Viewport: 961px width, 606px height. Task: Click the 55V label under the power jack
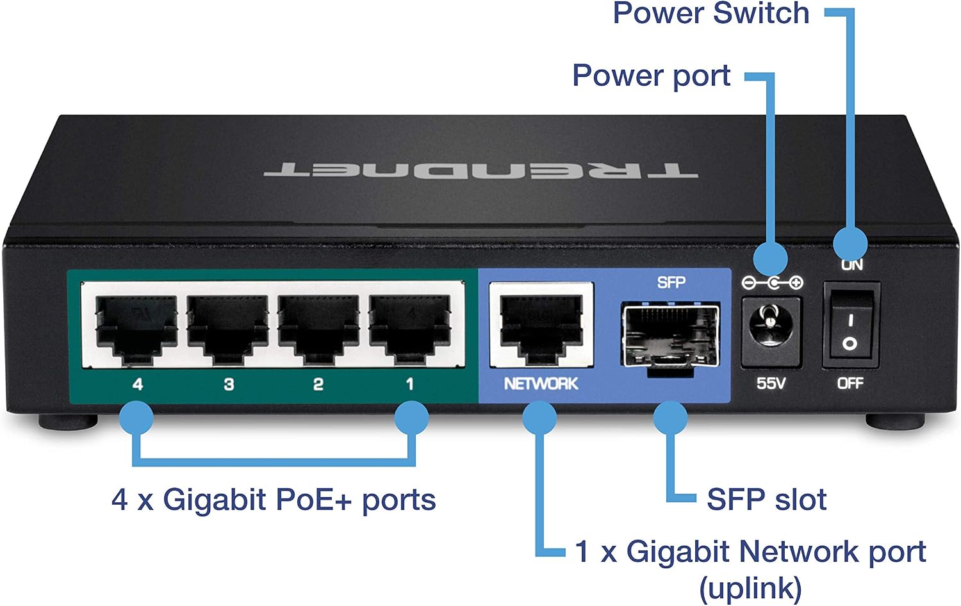771,383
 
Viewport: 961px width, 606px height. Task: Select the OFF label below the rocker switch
850,383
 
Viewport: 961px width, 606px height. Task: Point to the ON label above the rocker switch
852,265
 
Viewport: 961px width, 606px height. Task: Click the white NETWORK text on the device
541,384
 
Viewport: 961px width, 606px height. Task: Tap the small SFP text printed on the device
671,283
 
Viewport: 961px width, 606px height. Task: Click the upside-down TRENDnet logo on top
481,170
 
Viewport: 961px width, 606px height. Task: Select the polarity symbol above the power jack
772,283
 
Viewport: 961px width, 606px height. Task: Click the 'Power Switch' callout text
711,13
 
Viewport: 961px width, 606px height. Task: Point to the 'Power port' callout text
652,76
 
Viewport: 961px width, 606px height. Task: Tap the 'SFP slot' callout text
767,499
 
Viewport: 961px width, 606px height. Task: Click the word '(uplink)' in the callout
750,588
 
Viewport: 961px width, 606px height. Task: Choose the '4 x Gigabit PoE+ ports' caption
274,500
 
